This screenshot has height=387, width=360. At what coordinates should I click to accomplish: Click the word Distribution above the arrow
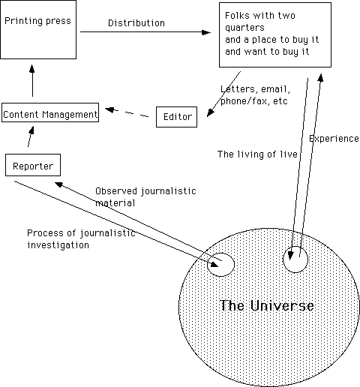click(136, 23)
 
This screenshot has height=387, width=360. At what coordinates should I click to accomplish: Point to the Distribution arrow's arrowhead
click(206, 32)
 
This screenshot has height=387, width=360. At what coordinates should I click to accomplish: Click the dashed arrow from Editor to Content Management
click(127, 112)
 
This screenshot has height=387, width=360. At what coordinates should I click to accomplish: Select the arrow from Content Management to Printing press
click(32, 80)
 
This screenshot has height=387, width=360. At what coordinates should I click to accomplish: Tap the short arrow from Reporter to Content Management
click(31, 136)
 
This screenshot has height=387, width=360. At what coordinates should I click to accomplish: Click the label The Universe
click(267, 305)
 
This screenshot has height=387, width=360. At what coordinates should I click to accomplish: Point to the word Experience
click(334, 139)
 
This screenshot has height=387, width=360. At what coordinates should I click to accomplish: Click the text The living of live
click(257, 154)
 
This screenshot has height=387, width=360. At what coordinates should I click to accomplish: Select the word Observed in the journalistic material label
click(116, 191)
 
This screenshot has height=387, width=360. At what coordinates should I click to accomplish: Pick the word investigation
click(58, 245)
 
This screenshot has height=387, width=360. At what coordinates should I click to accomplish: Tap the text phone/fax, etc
click(254, 101)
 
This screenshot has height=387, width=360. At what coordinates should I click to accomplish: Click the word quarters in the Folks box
click(244, 28)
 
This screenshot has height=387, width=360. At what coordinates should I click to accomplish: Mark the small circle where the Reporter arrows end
click(220, 253)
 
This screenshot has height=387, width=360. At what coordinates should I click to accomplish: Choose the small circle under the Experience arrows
click(295, 247)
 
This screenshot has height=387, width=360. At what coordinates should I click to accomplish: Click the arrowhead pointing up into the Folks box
click(321, 77)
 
